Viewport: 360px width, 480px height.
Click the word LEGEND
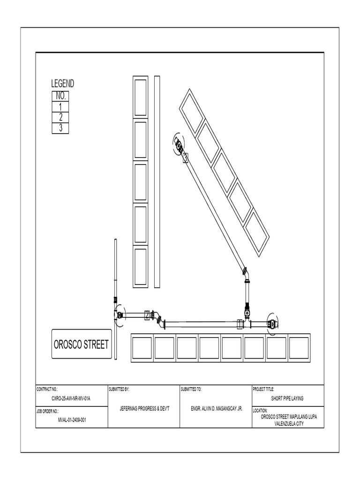click(62, 84)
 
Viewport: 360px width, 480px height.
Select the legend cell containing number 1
click(60, 107)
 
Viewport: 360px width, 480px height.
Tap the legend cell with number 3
click(60, 128)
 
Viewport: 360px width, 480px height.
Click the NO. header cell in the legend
click(60, 97)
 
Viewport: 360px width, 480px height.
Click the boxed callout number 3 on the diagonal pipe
click(185, 158)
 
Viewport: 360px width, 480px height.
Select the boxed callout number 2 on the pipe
click(147, 315)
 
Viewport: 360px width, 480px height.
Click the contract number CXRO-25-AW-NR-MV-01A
click(71, 398)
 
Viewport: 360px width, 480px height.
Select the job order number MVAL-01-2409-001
click(71, 420)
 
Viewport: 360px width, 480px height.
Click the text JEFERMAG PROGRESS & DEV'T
click(144, 409)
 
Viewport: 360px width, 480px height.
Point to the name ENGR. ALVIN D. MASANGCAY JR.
click(216, 409)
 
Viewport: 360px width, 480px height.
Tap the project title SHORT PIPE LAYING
click(287, 398)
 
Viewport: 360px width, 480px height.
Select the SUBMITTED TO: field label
click(191, 389)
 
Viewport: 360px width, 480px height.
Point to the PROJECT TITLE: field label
click(263, 389)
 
